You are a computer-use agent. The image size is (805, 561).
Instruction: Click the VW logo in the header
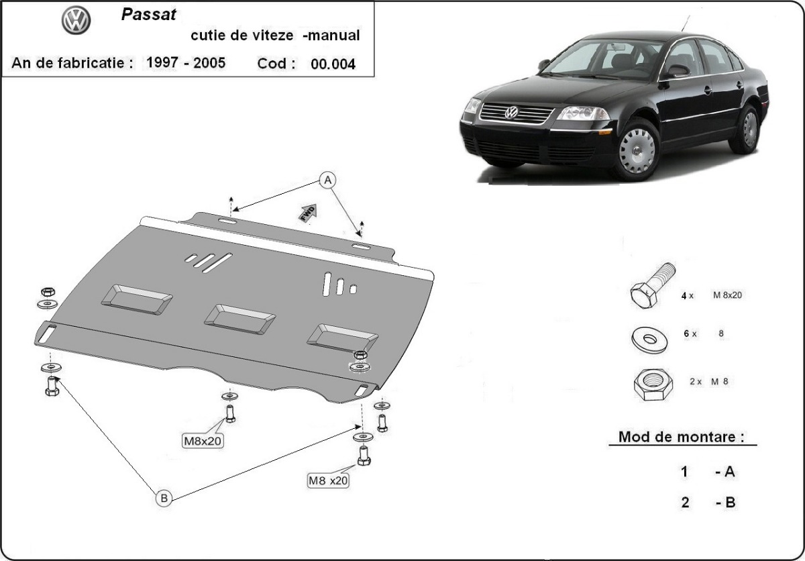tap(76, 21)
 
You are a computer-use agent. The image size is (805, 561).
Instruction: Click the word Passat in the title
tap(150, 15)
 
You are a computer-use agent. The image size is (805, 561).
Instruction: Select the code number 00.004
tap(333, 64)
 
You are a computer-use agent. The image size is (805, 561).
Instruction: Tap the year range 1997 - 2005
tap(186, 63)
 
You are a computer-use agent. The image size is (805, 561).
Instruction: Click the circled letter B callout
tap(163, 498)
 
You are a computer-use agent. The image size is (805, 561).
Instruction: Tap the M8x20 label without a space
tap(203, 441)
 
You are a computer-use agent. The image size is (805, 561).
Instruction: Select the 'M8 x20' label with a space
tap(328, 480)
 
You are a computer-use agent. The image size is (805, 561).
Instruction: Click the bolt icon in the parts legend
tap(651, 287)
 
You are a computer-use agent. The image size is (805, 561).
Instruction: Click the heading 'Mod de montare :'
tap(682, 437)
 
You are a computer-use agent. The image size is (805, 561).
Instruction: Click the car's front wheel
tap(636, 150)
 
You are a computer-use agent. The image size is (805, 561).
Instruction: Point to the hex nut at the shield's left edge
tap(48, 292)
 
